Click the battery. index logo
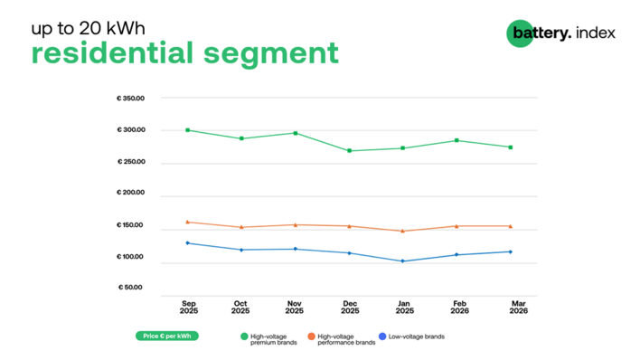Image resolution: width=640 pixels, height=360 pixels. [x=560, y=33]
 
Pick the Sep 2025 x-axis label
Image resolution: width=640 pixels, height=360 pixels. [x=188, y=308]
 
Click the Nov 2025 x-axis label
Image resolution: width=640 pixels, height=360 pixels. [x=295, y=308]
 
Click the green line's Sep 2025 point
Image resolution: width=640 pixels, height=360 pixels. [x=187, y=130]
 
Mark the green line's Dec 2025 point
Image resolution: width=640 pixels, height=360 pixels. [x=349, y=151]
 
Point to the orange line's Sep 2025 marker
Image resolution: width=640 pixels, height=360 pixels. [x=187, y=222]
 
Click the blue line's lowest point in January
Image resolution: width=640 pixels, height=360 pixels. [x=402, y=261]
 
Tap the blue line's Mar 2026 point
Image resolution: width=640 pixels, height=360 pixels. [x=511, y=251]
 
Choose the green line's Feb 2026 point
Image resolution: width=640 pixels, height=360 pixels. [x=456, y=140]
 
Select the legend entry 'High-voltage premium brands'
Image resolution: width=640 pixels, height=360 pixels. [x=270, y=338]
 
